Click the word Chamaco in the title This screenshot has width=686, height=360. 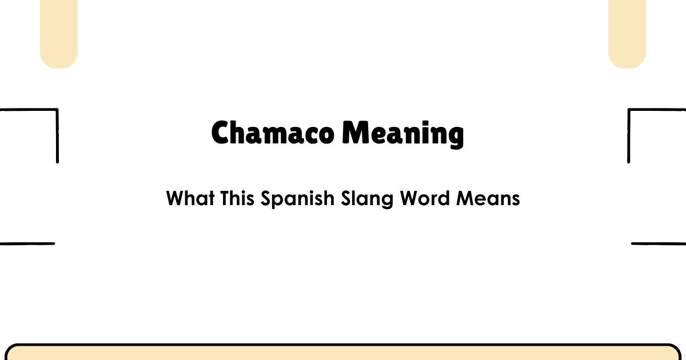[273, 134]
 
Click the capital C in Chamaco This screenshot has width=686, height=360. [221, 134]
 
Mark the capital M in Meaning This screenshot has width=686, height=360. [354, 134]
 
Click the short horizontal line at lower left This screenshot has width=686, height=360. [27, 244]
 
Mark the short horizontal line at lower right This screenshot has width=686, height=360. [659, 244]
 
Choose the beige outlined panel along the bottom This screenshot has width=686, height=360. [343, 353]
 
